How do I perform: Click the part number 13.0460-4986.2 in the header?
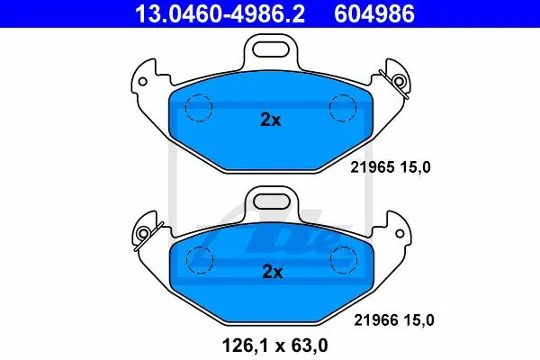coord(220,13)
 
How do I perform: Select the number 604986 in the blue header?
coord(374,13)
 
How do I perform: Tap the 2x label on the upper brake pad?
coord(271,120)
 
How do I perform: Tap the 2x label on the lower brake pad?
coord(273,272)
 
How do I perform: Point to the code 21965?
coord(373,167)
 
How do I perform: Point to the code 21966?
coord(376,320)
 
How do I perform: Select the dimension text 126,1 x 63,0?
coord(275,346)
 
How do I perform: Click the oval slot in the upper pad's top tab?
coord(270,49)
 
